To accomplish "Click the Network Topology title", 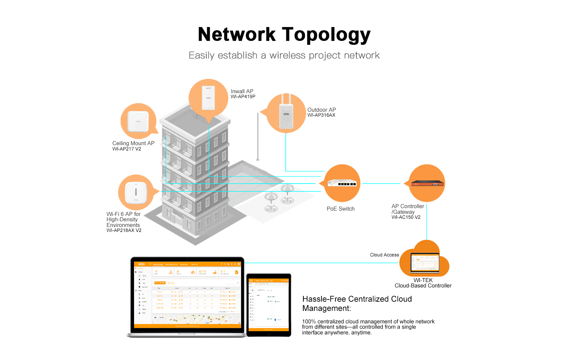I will (x=284, y=35).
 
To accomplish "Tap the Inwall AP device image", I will (x=208, y=98).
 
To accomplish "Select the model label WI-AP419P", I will (x=243, y=97).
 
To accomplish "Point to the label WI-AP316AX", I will (x=321, y=115).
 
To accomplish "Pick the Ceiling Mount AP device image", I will (x=138, y=121).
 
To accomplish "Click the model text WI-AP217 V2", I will (x=127, y=149).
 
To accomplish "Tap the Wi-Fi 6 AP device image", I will (x=136, y=192).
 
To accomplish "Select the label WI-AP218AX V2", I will (x=124, y=231).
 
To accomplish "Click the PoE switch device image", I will (x=342, y=183).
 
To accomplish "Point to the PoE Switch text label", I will (x=340, y=209).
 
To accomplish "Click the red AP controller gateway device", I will (x=427, y=183).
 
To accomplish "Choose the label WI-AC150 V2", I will (x=406, y=217).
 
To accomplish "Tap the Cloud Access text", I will (x=384, y=255).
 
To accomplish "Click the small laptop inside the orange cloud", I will (x=425, y=263).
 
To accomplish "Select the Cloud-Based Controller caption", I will (x=423, y=286).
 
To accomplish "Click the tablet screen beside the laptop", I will (x=269, y=305).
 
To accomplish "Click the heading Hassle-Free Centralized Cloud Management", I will (x=357, y=303).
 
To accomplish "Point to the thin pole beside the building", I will (x=258, y=137).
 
